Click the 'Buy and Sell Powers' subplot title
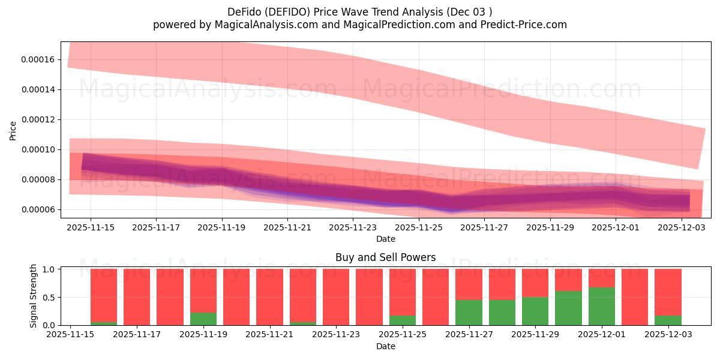(x=385, y=257)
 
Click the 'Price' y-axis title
(x=13, y=130)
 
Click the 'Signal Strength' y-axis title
(x=34, y=296)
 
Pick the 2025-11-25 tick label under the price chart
(x=419, y=228)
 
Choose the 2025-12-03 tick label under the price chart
(x=682, y=228)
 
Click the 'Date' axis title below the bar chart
(x=385, y=346)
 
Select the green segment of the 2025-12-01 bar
(x=602, y=306)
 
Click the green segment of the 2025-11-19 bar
(x=203, y=319)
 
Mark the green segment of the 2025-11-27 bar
(x=469, y=313)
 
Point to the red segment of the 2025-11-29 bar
(x=535, y=283)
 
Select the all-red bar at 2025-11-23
(x=336, y=297)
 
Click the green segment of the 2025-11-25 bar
(x=403, y=320)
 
